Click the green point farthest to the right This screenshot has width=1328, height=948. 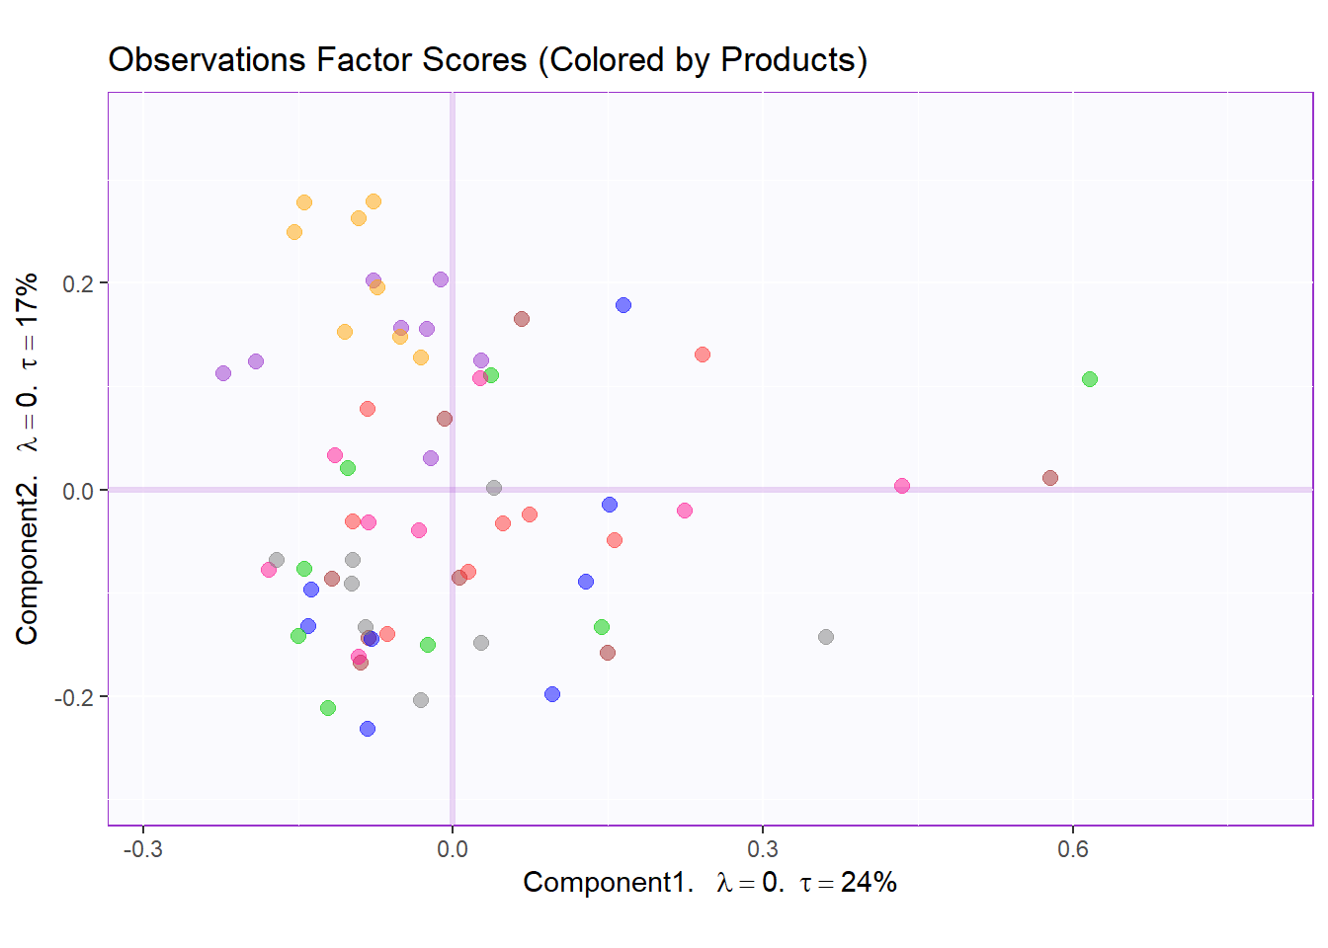(x=1090, y=379)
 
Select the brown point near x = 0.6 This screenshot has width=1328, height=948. (x=1050, y=478)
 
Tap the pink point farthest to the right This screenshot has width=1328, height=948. (x=902, y=486)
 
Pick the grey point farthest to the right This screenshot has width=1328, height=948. (x=826, y=637)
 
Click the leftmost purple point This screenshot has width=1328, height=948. (x=223, y=373)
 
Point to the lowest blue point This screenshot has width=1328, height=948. (x=368, y=729)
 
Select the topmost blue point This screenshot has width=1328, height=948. (x=623, y=305)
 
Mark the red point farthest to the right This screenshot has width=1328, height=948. (x=703, y=355)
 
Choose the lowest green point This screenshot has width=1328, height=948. (x=328, y=708)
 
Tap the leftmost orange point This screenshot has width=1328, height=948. (x=294, y=233)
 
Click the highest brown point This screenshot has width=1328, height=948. (x=522, y=319)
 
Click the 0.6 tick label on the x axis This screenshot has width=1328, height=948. (x=1073, y=849)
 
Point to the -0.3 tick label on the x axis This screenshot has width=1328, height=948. (x=142, y=849)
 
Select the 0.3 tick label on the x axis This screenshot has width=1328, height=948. (x=762, y=849)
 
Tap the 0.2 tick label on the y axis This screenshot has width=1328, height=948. (x=78, y=283)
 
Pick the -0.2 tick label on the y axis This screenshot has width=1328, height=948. (x=74, y=697)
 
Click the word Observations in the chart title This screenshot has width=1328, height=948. (x=207, y=60)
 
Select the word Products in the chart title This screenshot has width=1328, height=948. (x=788, y=60)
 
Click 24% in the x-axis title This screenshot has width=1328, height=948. (x=869, y=882)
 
